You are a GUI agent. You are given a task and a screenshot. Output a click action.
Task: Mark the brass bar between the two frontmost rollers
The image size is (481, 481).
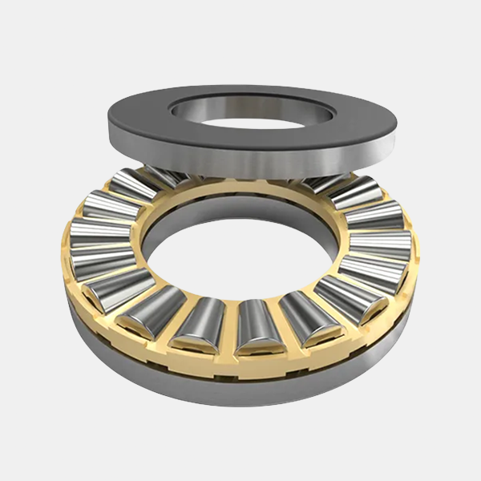pos(229,329)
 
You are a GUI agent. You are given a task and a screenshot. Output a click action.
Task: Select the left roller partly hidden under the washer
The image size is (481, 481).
pos(132,183)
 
